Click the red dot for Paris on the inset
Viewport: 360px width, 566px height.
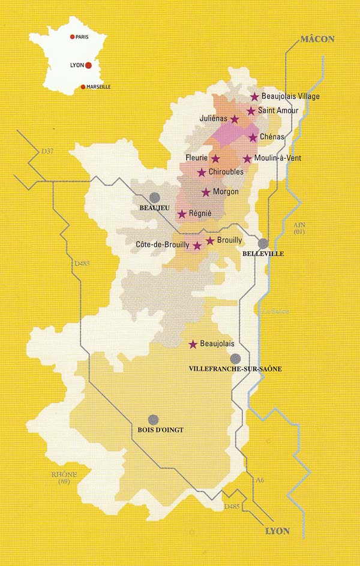pos(72,37)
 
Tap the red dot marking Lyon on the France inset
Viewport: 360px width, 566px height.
pos(88,65)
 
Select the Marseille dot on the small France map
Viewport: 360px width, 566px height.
pos(83,86)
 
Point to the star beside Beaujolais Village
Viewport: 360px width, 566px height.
pos(254,97)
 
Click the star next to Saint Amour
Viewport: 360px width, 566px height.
pos(251,111)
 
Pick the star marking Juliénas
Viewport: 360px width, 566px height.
pos(235,119)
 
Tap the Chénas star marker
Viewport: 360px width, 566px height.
pos(253,137)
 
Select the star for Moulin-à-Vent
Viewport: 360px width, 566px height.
pos(247,159)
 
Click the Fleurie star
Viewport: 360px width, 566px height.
pos(215,158)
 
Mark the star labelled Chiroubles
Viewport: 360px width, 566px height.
pos(202,172)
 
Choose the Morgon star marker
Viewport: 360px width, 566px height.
pos(206,192)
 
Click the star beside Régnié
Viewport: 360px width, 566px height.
pos(182,213)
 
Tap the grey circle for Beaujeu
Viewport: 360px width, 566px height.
pos(155,197)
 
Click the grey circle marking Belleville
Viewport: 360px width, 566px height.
pos(263,243)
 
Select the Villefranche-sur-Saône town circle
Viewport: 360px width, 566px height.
pos(235,358)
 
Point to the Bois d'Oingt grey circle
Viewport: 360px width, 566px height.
pos(154,420)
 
